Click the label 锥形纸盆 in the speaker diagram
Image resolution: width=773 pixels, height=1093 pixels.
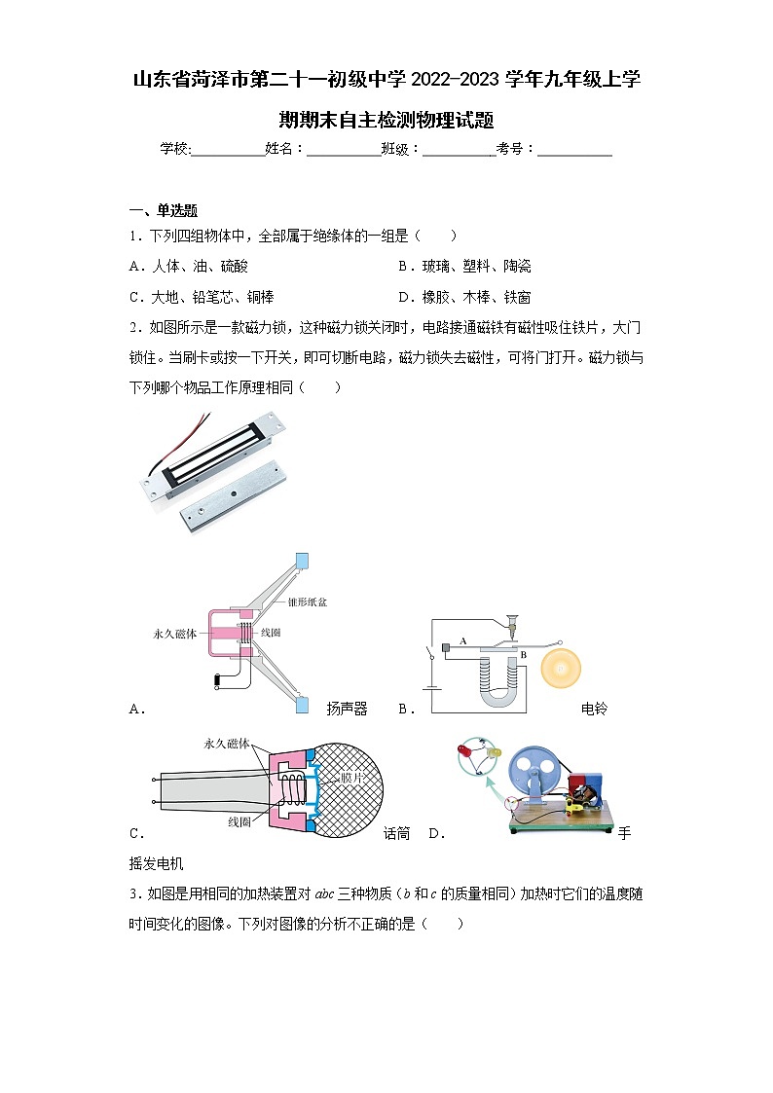[x=308, y=602]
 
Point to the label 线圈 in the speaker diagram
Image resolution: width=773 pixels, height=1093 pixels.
[x=273, y=633]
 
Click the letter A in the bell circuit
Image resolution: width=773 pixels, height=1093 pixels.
[x=463, y=640]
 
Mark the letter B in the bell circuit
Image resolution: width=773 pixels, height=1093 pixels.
[x=522, y=655]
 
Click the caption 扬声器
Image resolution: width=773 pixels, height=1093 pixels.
[x=347, y=710]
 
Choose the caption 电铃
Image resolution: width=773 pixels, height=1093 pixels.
[x=594, y=710]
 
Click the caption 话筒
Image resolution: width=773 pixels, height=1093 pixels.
[x=396, y=833]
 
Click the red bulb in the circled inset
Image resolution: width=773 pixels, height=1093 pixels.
[x=465, y=751]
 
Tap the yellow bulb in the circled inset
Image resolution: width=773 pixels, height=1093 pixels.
[x=492, y=753]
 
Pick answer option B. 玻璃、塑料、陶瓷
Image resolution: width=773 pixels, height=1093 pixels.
[x=464, y=267]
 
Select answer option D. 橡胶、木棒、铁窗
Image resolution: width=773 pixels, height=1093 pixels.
[x=464, y=298]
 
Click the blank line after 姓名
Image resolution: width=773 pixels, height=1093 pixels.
[x=344, y=151]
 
